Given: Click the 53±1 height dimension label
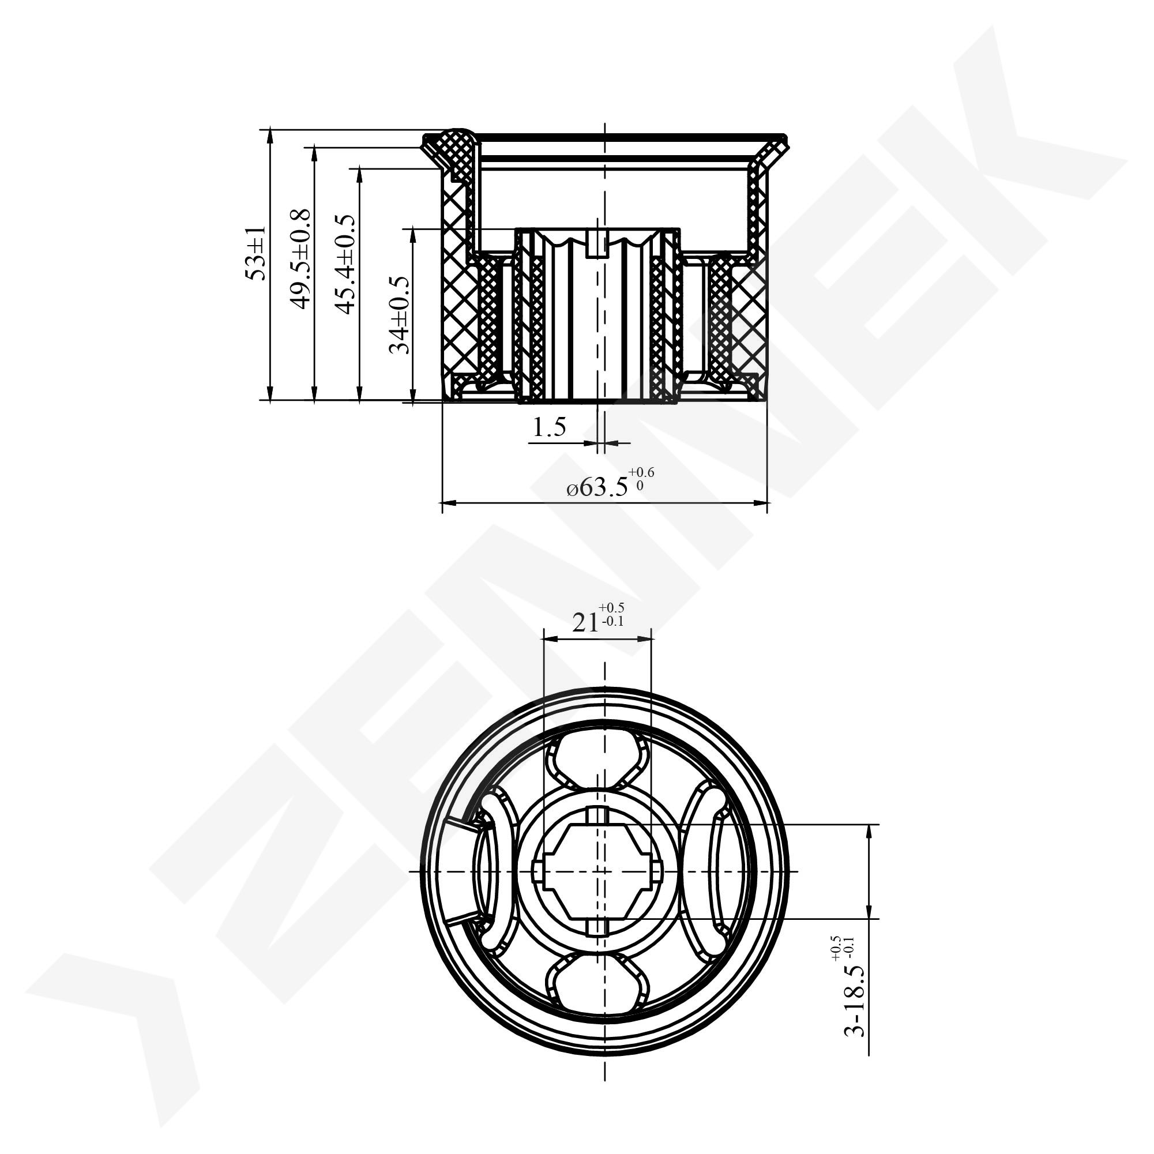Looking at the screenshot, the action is tap(255, 253).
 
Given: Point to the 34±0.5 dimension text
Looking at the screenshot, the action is tap(399, 315).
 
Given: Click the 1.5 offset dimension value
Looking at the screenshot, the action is tap(549, 427).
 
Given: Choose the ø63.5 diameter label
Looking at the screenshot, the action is tap(597, 488).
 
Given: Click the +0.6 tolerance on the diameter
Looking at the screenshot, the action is tap(641, 472).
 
